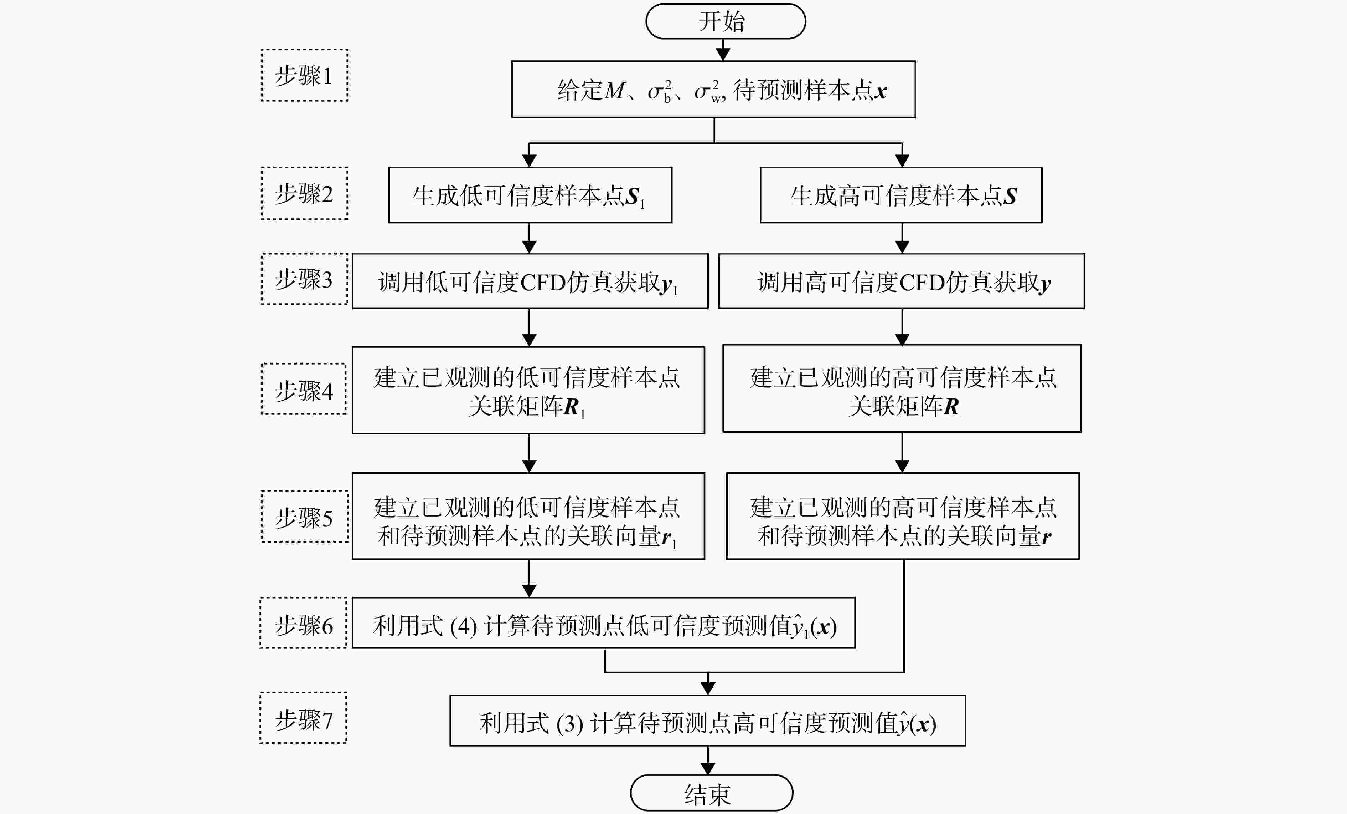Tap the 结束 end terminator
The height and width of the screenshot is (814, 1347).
click(711, 793)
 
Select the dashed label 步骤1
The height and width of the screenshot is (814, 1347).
click(304, 75)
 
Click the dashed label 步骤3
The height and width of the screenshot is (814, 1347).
click(304, 279)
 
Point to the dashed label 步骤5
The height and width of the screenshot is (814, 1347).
click(304, 517)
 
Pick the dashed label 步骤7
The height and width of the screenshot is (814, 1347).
click(303, 718)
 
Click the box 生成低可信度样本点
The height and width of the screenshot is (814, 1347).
click(530, 195)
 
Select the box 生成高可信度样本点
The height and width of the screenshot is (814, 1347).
click(901, 195)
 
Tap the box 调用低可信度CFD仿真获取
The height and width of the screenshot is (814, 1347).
click(530, 281)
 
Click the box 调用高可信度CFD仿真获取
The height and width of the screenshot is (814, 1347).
click(902, 281)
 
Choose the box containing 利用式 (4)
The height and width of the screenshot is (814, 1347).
click(604, 622)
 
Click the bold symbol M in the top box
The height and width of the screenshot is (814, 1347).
click(614, 90)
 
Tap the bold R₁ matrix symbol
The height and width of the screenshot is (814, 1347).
click(574, 408)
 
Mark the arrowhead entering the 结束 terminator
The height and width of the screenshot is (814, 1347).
click(708, 769)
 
